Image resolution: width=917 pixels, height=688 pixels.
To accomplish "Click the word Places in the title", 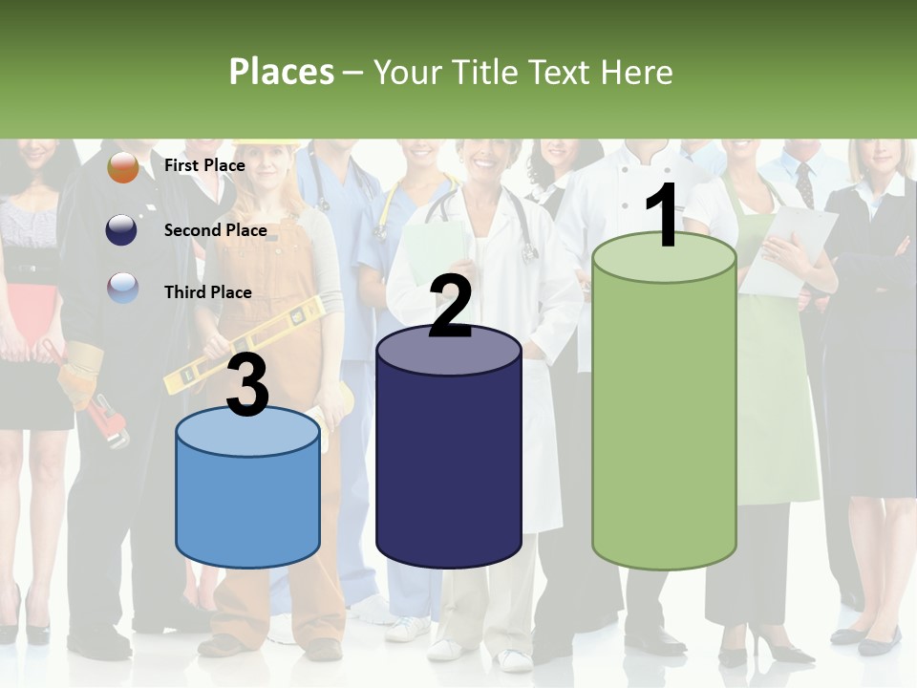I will (x=282, y=72).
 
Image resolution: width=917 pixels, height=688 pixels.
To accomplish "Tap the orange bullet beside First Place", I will (x=123, y=167).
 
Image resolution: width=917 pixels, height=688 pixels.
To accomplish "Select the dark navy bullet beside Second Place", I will (x=123, y=230).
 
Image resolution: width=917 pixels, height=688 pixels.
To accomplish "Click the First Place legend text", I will (x=204, y=165).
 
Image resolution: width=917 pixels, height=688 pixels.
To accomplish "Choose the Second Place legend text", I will (x=215, y=229).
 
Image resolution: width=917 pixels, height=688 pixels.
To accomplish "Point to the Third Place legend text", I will (x=207, y=292).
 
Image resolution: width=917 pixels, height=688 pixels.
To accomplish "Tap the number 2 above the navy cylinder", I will (x=450, y=306).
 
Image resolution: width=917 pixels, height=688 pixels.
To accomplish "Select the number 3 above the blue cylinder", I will (x=247, y=385).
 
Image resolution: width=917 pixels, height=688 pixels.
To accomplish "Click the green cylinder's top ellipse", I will (x=664, y=258).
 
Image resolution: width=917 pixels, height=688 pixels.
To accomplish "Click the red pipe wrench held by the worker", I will (x=110, y=419).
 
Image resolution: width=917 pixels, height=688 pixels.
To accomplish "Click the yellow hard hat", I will (x=266, y=144).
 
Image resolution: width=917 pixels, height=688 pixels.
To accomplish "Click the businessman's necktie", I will (x=804, y=183).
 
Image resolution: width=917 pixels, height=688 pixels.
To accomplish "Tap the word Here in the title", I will (x=636, y=72).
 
